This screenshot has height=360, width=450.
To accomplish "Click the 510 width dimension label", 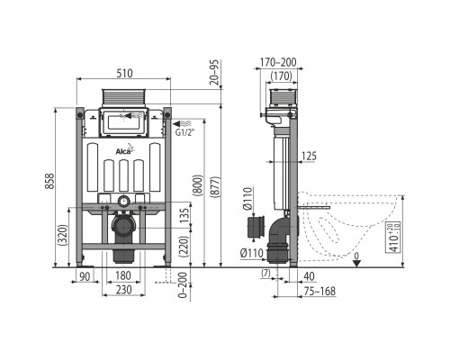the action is pos(124,73).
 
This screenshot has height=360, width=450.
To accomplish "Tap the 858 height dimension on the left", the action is pos(49,181).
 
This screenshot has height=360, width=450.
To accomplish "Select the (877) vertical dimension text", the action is pos(215,186).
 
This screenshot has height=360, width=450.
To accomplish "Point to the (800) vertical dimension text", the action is pos(198,185).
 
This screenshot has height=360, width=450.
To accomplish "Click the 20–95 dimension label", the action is pos(214,72).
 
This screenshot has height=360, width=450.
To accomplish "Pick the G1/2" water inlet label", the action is pos(184,132).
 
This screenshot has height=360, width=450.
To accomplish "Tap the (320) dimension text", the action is pos(63,235).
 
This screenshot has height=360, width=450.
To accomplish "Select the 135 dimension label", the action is pos(185,215).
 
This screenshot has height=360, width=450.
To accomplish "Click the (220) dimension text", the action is pos(184,246).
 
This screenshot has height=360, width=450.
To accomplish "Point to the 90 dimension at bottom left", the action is pos(85,276).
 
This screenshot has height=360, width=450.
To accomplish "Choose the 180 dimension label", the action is pos(123,275).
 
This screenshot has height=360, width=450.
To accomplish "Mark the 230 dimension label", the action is pos(123,290).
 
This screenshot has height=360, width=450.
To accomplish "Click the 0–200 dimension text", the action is pos(183,285).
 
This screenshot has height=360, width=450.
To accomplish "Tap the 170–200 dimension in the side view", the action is pos(278,62).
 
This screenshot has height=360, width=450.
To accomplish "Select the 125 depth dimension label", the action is pos(309,157).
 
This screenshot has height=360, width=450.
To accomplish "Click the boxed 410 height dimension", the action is pos(394,238).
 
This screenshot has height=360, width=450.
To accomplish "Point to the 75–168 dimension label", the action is pos(319,291).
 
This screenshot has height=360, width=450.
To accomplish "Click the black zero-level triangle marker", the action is pos(356,263).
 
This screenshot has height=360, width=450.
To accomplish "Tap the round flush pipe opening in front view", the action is pos(123,202).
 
